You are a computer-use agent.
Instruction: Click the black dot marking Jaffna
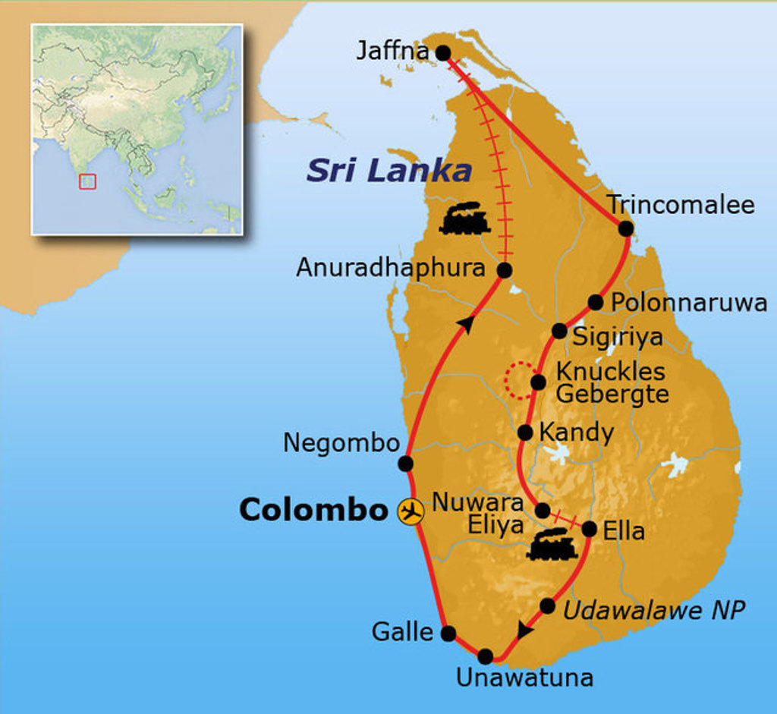(443, 52)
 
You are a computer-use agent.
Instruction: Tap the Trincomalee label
(681, 205)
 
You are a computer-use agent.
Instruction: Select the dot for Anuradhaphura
(505, 269)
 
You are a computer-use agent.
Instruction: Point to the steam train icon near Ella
(552, 546)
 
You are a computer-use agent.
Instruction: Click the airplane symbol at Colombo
(411, 511)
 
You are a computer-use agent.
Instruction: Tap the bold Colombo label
(313, 511)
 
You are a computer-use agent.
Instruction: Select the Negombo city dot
(405, 463)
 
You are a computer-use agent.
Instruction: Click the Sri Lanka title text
(388, 171)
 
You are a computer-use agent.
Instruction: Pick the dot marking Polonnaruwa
(596, 303)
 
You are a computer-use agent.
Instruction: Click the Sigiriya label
(617, 336)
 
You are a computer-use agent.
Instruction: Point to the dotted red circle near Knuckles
(521, 381)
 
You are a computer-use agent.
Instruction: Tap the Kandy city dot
(524, 432)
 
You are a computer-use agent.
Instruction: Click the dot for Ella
(589, 530)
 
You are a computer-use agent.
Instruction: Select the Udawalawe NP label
(654, 609)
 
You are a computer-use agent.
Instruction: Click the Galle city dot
(448, 633)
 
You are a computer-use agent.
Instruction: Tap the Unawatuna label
(524, 677)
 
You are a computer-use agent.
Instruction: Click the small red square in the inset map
(87, 181)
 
